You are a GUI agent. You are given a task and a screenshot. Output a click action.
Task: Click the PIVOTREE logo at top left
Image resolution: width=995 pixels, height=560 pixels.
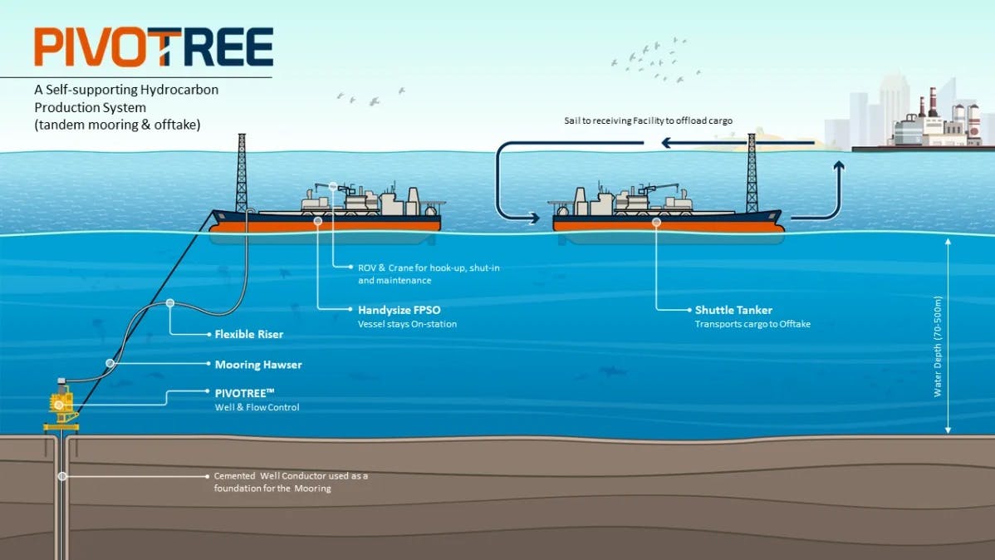[153, 47]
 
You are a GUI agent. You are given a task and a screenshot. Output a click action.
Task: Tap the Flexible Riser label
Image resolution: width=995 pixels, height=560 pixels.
[248, 334]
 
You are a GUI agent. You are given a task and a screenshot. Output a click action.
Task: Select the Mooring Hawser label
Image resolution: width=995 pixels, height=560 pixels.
[258, 365]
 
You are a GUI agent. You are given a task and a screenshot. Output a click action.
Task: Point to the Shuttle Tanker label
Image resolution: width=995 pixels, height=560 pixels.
[733, 310]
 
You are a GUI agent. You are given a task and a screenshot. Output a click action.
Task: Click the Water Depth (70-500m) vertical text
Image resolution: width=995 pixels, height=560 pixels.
[939, 346]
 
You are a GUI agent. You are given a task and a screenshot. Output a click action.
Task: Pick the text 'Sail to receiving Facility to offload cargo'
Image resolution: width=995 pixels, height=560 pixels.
[648, 120]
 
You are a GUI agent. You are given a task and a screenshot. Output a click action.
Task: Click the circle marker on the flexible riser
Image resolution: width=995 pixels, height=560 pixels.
[170, 303]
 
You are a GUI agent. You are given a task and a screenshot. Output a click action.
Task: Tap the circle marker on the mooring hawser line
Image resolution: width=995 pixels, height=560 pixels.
[110, 363]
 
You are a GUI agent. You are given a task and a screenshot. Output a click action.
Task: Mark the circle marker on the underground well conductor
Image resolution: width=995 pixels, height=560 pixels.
[62, 476]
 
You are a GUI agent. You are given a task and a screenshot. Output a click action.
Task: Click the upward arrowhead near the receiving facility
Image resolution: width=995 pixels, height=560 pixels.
[839, 167]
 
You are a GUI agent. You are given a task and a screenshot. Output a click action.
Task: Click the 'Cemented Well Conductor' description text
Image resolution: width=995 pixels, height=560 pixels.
[290, 482]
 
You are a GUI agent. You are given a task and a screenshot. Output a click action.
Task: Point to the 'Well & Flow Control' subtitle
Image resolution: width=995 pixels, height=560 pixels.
[257, 407]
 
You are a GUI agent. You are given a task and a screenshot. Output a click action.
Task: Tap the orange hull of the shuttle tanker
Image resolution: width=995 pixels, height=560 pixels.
[664, 224]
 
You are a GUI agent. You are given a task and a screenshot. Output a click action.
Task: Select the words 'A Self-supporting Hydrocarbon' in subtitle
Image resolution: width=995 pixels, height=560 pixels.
[126, 90]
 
